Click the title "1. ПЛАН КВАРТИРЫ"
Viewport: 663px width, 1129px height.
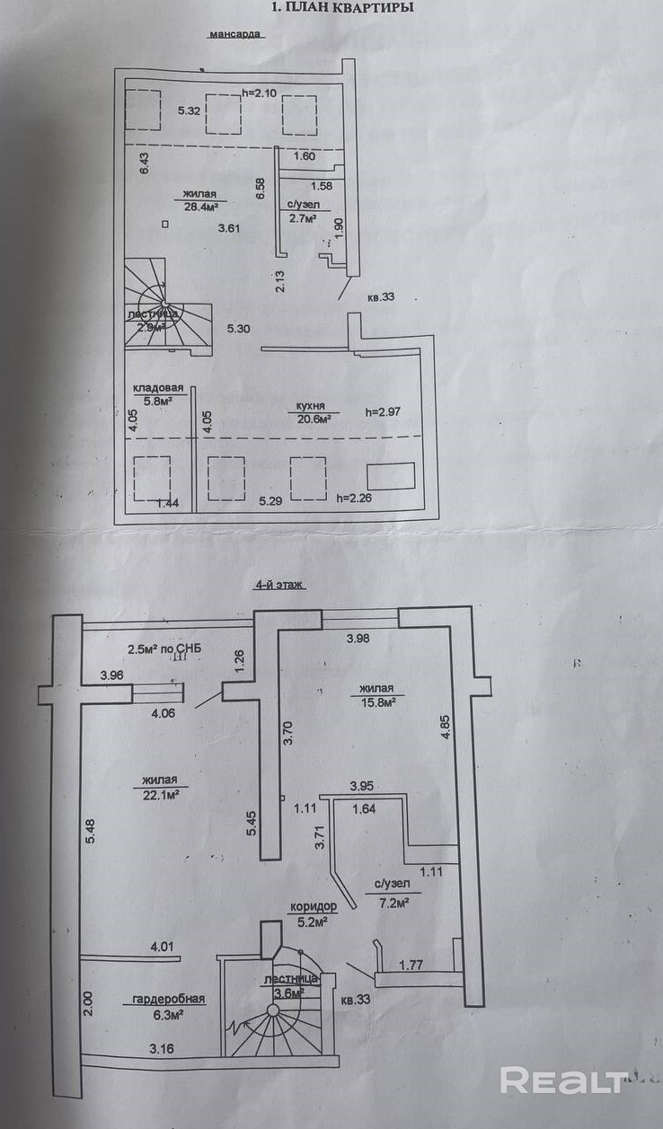point(342,8)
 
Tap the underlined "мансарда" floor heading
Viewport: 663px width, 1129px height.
point(234,35)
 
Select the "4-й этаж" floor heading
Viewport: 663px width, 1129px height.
point(279,584)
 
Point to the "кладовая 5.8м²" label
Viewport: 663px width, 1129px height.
point(158,393)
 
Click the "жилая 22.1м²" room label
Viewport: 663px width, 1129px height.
point(158,787)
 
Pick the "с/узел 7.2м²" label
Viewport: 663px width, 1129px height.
point(393,895)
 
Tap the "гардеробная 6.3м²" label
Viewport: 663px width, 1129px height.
point(169,1006)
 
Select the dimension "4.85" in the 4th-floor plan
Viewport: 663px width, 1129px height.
point(445,727)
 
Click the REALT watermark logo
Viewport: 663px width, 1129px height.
point(563,1080)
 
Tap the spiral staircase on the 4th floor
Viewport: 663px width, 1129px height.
point(274,1023)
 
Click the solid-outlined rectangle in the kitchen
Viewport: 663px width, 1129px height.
point(392,476)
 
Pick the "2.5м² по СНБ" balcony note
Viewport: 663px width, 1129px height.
point(165,648)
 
